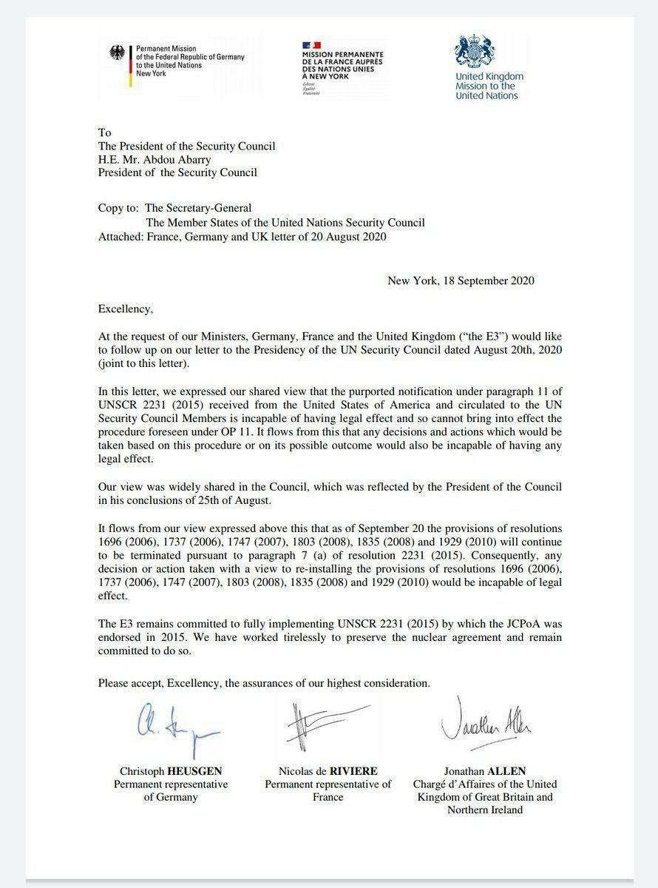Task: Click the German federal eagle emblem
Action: coord(118,53)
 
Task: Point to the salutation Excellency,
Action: coord(126,309)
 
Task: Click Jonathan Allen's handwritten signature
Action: coord(487,723)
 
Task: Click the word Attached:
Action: coord(123,237)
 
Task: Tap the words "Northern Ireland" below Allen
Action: coord(485,810)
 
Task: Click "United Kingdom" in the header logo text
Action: coord(489,76)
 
